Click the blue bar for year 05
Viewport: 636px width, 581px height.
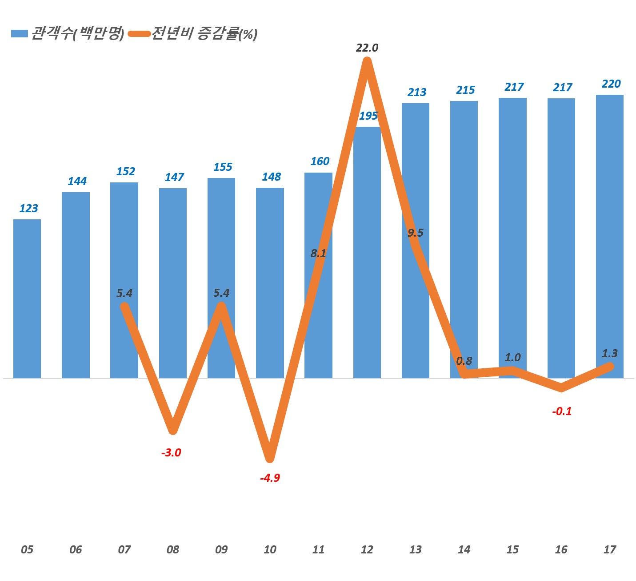(x=27, y=299)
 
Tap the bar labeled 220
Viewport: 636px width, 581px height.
(x=609, y=236)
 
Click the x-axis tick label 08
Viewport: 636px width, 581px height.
(x=172, y=550)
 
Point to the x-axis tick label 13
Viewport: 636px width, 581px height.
(x=415, y=550)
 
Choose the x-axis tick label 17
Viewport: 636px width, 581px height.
(x=609, y=550)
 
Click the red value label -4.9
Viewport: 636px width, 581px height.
(x=270, y=478)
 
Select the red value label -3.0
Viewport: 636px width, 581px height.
(x=171, y=453)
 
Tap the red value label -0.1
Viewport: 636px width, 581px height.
(x=562, y=412)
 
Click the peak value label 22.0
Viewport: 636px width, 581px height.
(x=367, y=48)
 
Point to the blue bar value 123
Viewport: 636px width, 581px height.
(x=29, y=208)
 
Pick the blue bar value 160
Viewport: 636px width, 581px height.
(x=320, y=161)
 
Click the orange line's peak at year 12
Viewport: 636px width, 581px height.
(x=367, y=61)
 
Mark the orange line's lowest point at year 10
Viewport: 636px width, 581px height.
(x=270, y=458)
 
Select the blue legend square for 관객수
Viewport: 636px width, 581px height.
(x=19, y=34)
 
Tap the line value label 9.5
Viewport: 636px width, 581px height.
(x=416, y=233)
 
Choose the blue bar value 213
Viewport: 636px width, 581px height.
(x=417, y=92)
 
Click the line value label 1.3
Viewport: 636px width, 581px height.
(x=610, y=354)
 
